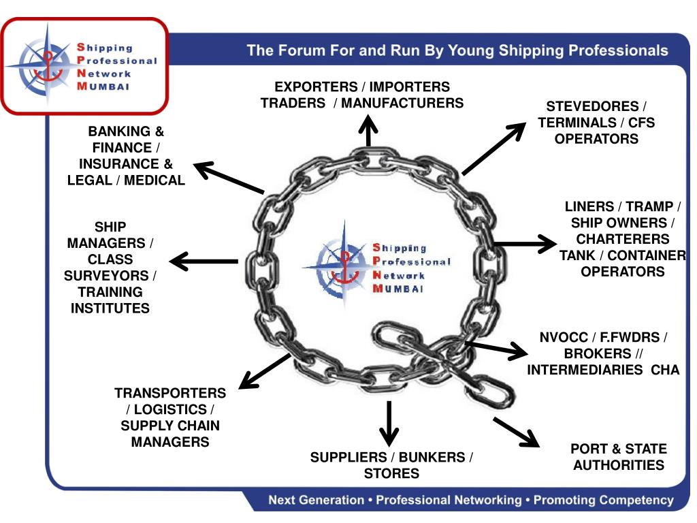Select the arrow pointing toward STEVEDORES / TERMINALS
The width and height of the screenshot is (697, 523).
(494, 148)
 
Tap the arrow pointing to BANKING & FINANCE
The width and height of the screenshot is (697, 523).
(228, 178)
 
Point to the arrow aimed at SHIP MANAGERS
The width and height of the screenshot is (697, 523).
(204, 261)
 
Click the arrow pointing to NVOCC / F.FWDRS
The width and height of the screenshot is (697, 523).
(496, 349)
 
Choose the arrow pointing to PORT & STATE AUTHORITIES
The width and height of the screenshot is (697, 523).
(516, 432)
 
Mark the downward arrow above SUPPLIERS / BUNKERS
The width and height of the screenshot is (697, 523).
(389, 422)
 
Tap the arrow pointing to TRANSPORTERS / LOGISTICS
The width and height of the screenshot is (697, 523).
(265, 371)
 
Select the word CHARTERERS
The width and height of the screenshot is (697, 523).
(622, 239)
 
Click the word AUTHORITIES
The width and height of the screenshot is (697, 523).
(619, 465)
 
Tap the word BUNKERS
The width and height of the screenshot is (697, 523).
(431, 458)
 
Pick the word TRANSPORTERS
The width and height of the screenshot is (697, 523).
(170, 393)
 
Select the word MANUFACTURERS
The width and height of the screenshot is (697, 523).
(402, 104)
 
